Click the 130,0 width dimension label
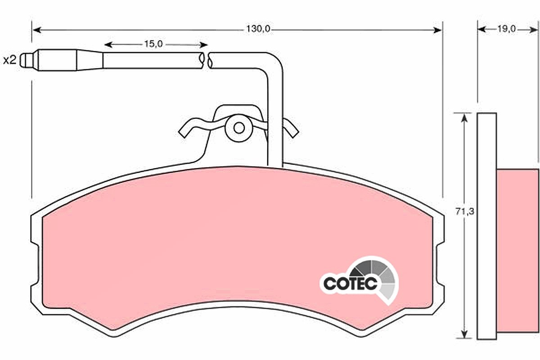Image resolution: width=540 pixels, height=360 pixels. (x=258, y=29)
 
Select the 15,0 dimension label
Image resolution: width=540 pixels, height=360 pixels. (x=153, y=44)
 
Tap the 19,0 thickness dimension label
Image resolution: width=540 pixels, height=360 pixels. (x=507, y=29)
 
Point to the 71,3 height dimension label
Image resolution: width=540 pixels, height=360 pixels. (x=465, y=211)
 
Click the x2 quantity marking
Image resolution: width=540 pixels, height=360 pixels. (x=9, y=60)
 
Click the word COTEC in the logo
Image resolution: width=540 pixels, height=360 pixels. (x=350, y=283)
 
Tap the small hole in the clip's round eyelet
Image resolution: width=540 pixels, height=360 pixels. (x=239, y=128)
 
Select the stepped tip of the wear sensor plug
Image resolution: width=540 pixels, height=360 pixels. (x=27, y=60)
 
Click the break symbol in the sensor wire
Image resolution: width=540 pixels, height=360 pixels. (x=205, y=60)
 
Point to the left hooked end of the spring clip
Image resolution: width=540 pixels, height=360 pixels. (x=185, y=130)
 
